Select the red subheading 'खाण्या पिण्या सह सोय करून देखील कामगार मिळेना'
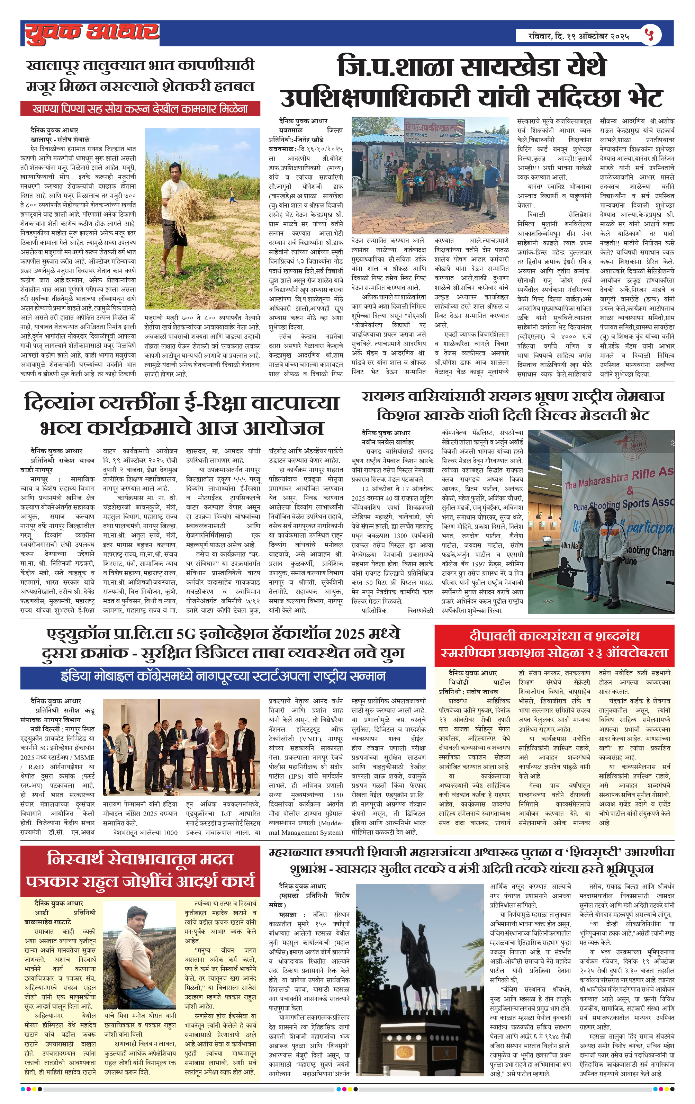pyautogui.click(x=140, y=109)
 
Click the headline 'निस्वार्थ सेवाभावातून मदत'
pyautogui.click(x=140, y=859)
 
